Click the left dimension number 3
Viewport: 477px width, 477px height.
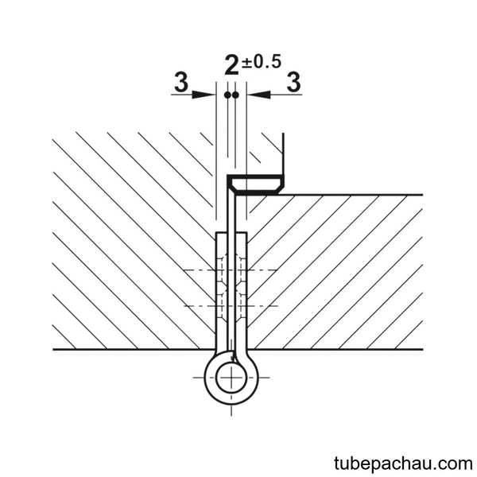coord(181,82)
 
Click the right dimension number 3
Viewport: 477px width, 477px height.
coord(294,82)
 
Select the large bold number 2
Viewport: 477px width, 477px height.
coord(232,65)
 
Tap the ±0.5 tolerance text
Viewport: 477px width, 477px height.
coord(262,62)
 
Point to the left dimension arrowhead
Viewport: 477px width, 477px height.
coord(204,95)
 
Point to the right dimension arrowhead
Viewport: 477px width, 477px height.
coord(258,95)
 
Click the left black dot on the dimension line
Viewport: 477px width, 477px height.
coord(227,95)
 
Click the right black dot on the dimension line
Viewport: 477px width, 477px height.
coord(235,95)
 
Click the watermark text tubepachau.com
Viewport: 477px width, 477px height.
coord(403,463)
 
